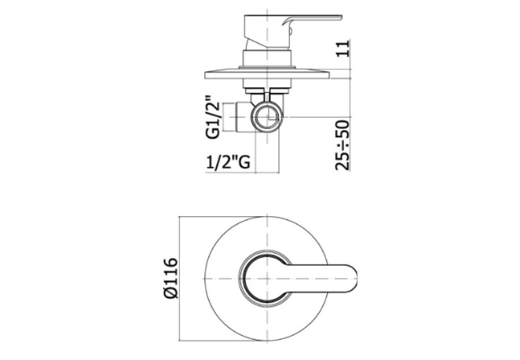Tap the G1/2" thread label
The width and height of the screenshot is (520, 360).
(213, 117)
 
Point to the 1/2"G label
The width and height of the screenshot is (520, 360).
(228, 163)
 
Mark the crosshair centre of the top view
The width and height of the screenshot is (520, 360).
(267, 279)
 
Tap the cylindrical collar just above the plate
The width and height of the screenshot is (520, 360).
(267, 58)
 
